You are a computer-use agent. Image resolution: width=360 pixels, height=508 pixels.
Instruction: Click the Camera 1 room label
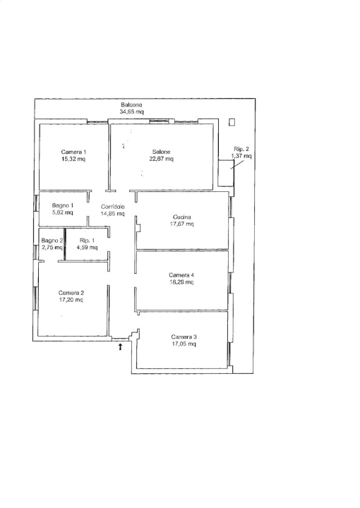[73, 152]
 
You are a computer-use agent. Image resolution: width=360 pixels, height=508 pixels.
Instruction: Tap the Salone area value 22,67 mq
[163, 159]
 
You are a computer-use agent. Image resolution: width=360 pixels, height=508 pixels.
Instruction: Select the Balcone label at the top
[131, 104]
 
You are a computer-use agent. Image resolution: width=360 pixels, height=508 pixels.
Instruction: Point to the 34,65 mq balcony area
[131, 111]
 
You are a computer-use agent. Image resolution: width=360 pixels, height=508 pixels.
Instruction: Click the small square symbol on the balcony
[232, 122]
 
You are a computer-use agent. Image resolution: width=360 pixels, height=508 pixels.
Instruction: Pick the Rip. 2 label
[241, 149]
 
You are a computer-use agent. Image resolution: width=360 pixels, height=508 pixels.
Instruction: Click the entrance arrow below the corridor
[120, 347]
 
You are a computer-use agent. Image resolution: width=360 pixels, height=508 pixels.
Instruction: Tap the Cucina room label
[182, 217]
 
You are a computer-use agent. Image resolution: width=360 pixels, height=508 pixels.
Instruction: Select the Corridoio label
[112, 206]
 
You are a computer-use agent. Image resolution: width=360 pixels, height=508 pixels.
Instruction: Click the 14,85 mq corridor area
[112, 214]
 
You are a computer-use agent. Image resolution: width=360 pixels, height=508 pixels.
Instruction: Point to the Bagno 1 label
[63, 205]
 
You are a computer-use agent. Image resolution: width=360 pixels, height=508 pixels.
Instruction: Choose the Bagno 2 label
[52, 241]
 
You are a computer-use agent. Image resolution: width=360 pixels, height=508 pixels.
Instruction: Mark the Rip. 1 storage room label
[87, 241]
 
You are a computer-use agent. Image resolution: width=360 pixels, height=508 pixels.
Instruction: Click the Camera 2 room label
[71, 293]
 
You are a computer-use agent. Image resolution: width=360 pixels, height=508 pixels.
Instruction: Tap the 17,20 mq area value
[71, 300]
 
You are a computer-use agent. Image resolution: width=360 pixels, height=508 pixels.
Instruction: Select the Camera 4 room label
[181, 275]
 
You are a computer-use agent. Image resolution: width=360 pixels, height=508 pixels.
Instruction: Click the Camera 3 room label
[184, 337]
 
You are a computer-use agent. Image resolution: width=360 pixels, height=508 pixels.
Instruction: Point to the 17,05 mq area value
[184, 344]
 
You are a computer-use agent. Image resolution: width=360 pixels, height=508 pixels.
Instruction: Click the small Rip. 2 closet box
[225, 173]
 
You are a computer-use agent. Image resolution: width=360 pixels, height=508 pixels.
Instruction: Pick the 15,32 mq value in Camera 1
[73, 159]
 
